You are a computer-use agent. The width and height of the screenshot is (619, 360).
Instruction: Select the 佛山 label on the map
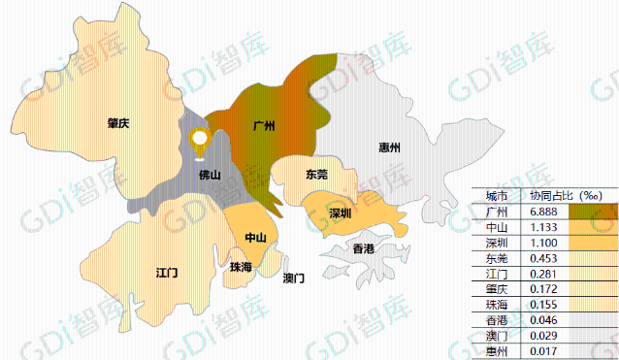[x=210, y=176]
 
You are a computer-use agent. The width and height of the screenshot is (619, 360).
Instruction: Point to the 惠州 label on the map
[x=390, y=148]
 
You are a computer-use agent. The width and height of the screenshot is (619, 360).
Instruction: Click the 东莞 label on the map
[x=316, y=176]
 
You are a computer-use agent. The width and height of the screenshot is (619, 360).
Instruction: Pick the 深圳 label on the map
[x=340, y=213]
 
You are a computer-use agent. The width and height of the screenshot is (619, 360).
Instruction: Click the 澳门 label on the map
[x=293, y=278]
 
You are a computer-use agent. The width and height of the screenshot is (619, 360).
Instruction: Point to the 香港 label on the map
[x=363, y=249]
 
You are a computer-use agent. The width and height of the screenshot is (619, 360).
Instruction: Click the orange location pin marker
[x=200, y=143]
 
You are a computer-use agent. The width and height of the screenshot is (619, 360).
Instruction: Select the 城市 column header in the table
[x=496, y=195]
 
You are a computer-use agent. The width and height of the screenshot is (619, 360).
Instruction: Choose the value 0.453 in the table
[x=542, y=258]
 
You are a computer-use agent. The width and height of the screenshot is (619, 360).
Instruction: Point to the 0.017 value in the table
[x=542, y=351]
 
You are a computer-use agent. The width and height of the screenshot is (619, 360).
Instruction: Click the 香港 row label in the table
[x=496, y=320]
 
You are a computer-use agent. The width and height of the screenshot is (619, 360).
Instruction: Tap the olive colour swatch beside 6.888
[x=593, y=211]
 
